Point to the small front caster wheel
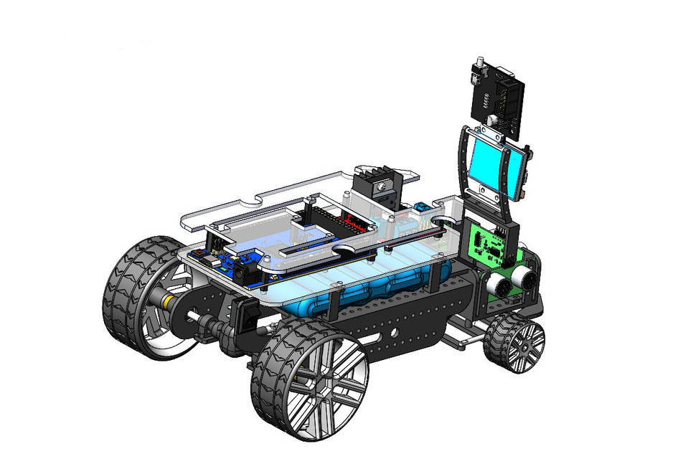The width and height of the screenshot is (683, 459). (x=514, y=346)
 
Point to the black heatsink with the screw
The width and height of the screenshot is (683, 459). (x=377, y=184)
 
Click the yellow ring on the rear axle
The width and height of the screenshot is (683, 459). (x=166, y=302)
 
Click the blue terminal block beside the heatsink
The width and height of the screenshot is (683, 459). (x=423, y=208)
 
